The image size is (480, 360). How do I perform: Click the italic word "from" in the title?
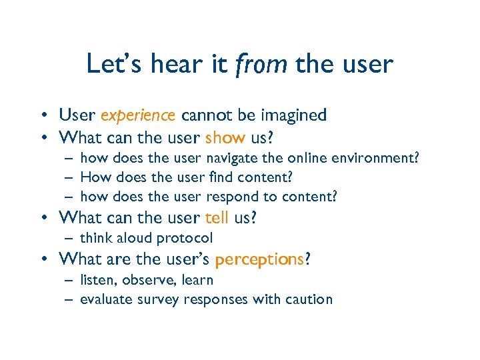click(x=262, y=65)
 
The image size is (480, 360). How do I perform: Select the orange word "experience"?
click(x=138, y=116)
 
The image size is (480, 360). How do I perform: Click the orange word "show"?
click(x=225, y=138)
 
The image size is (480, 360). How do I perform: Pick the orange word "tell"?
click(x=217, y=218)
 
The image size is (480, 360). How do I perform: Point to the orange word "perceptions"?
click(x=259, y=259)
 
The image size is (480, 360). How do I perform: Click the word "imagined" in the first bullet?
click(x=295, y=116)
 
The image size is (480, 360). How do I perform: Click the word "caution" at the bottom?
click(x=310, y=299)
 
